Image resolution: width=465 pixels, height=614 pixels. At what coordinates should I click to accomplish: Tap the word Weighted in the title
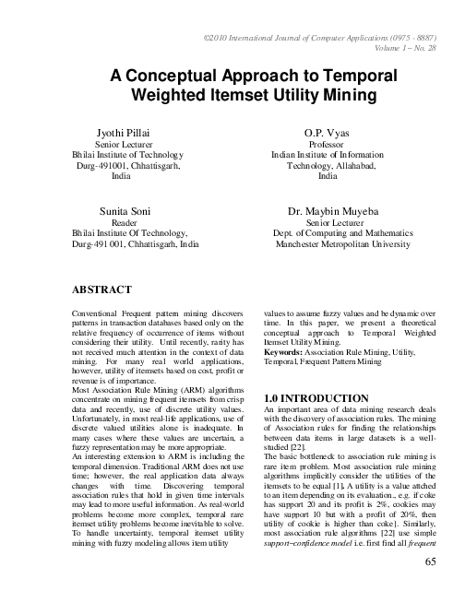(x=172, y=93)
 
